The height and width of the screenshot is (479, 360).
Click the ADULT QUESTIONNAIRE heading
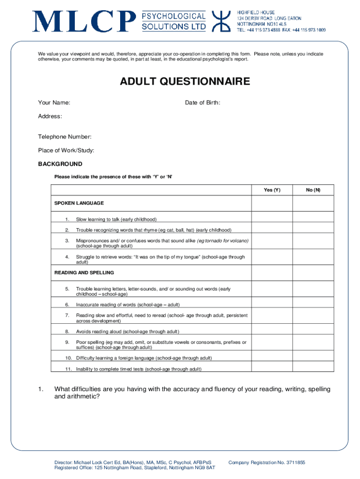pyautogui.click(x=185, y=82)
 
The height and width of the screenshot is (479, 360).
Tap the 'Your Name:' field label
pyautogui.click(x=54, y=103)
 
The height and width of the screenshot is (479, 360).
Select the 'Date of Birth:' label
pyautogui.click(x=202, y=103)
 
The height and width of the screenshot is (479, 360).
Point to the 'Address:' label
pyautogui.click(x=50, y=116)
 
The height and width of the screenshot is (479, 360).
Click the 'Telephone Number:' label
pyautogui.click(x=65, y=137)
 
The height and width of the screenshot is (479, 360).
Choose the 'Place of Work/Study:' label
pyautogui.click(x=66, y=151)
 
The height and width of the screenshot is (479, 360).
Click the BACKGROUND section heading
pyautogui.click(x=60, y=164)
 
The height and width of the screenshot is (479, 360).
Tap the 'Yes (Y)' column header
pyautogui.click(x=272, y=190)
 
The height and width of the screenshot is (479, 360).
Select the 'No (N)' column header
pyautogui.click(x=313, y=190)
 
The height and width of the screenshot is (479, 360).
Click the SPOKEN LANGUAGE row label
pyautogui.click(x=79, y=203)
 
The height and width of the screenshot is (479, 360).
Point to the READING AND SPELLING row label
pyautogui.click(x=84, y=273)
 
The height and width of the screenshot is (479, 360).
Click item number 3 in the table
pyautogui.click(x=67, y=241)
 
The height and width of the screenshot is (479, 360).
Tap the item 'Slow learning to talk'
pyautogui.click(x=116, y=219)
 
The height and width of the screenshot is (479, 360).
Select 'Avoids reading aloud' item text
pyautogui.click(x=128, y=332)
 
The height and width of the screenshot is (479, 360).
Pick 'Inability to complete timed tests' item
pyautogui.click(x=139, y=369)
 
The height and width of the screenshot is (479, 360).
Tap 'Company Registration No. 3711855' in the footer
pyautogui.click(x=266, y=463)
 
